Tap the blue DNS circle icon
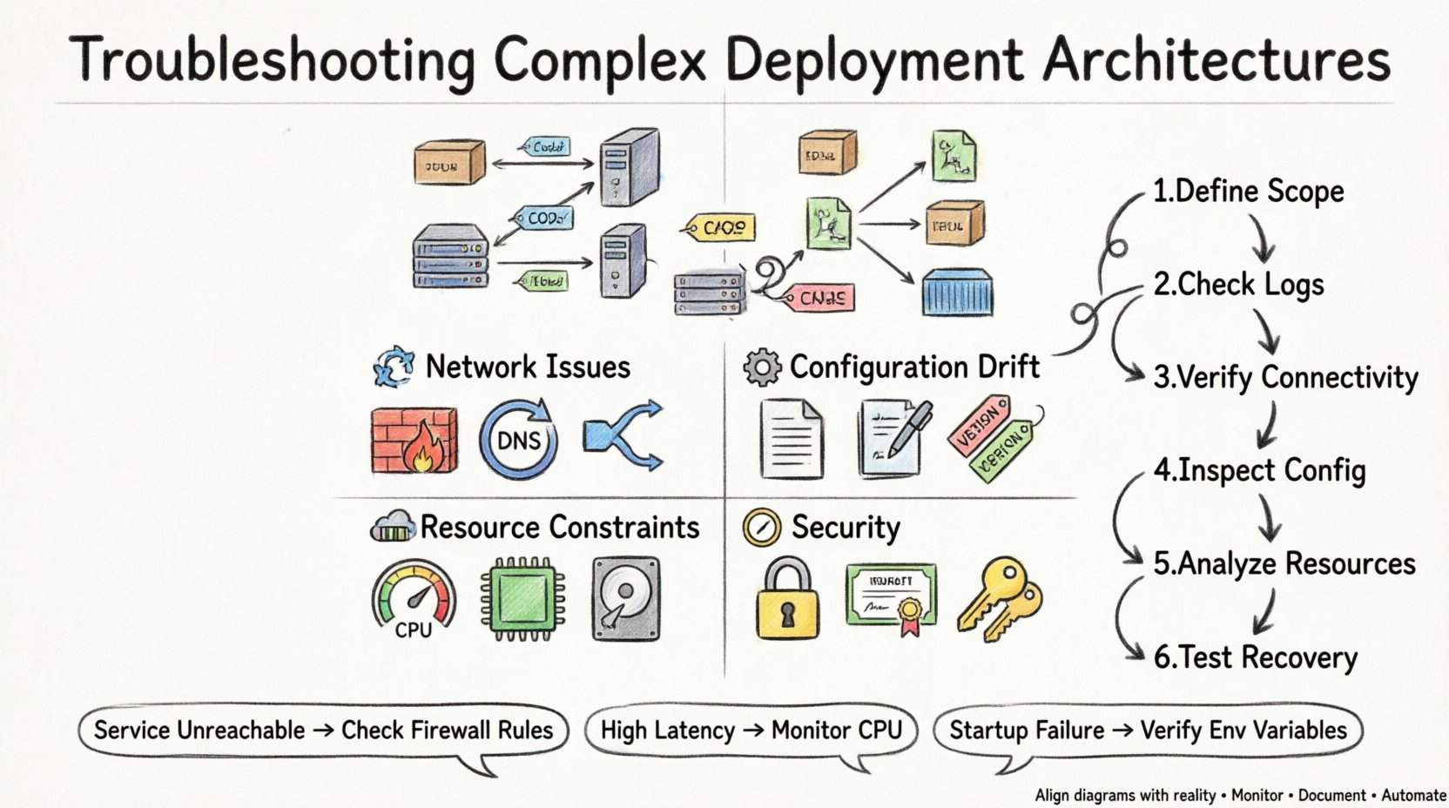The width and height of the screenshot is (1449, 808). pos(518,440)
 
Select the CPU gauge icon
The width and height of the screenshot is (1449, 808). pos(414,599)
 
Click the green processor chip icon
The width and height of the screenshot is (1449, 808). pos(522,599)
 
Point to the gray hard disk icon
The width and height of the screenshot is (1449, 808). pos(625,599)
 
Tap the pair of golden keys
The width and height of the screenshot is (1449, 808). pos(1000,599)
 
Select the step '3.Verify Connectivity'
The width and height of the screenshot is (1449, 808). pos(1285,377)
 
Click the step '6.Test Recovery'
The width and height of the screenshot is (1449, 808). pos(1255,657)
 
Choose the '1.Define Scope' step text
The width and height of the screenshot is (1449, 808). pos(1248,192)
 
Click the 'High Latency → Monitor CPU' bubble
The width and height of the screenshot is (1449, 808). pos(751,730)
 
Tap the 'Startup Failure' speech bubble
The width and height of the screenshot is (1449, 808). pos(1147,730)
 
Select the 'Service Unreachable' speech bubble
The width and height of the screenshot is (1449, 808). pos(323,730)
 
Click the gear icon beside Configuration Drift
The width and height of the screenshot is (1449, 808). pos(762,367)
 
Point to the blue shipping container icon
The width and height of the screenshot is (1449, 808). pos(957,293)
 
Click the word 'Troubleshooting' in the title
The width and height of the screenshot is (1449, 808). pos(272,61)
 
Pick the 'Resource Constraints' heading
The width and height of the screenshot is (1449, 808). pos(560,528)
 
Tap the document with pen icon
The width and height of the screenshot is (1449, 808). pos(893,439)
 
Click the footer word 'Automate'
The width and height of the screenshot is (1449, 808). pos(1413,795)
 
